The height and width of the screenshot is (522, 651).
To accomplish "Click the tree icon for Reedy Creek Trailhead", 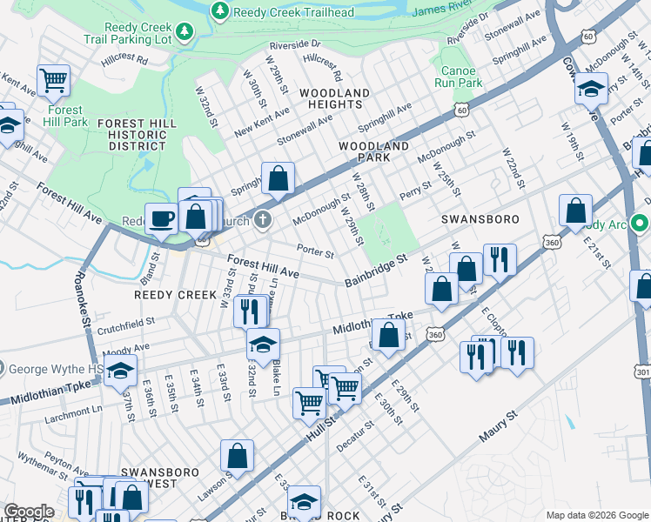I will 220,10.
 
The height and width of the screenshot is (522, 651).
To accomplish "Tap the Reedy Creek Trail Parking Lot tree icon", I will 185,32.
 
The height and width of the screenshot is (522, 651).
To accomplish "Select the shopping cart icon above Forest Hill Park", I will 54,81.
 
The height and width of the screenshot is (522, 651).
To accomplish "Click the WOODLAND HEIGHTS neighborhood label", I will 331,98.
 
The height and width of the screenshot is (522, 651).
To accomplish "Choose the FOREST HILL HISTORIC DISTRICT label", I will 131,135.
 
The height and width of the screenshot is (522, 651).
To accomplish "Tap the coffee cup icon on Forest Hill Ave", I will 160,218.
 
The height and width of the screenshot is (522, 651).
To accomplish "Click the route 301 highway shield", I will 643,372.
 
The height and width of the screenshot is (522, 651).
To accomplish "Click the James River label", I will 440,10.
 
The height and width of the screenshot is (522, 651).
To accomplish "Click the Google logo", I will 29,511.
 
